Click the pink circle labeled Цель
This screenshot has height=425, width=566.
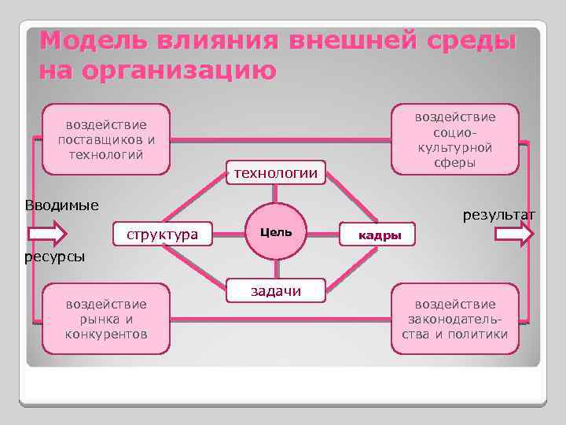coord(275,233)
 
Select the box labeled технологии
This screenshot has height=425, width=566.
coord(274,173)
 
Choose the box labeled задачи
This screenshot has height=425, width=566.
coord(275,291)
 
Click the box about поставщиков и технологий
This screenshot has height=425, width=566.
coord(106,139)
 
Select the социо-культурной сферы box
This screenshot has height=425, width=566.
coord(455,139)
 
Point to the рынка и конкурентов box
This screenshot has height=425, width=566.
coord(106,319)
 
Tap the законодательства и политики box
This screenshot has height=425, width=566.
coord(455,319)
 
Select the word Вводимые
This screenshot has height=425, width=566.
coord(61,206)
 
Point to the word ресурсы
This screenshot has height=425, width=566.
coord(54,257)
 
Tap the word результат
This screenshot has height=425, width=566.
coord(499,214)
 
